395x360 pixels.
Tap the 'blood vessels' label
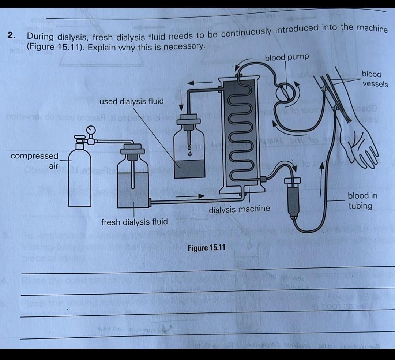[x=374, y=79]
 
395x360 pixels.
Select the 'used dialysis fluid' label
[x=131, y=101]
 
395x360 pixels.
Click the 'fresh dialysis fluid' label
[x=134, y=222]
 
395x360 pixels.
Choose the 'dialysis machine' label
[x=239, y=209]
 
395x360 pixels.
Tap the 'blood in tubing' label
[x=362, y=201]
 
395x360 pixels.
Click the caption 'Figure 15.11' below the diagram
[x=206, y=248]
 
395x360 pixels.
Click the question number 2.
[x=12, y=35]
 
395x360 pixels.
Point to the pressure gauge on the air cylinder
[x=90, y=130]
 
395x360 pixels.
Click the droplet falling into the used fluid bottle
[x=190, y=154]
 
